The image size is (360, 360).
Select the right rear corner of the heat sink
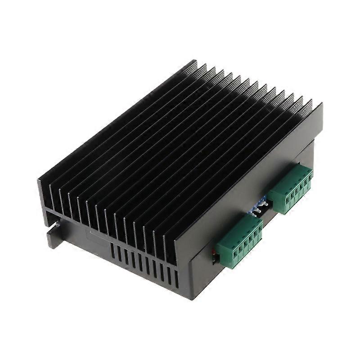coord(321,106)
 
